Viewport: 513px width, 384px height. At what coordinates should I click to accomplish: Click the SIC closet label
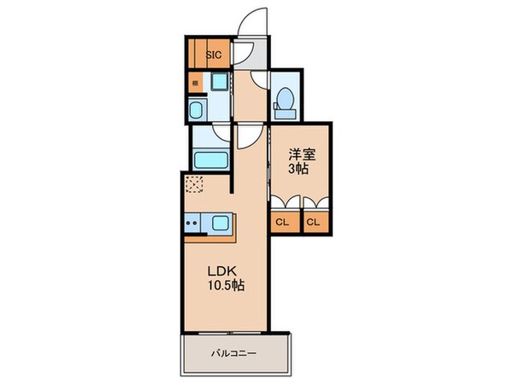214,55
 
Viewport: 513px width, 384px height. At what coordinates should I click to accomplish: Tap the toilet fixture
284,102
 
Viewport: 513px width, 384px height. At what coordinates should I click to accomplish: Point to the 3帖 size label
298,169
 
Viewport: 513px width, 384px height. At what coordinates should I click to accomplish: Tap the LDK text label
220,271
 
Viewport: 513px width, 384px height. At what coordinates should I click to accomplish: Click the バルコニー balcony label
234,352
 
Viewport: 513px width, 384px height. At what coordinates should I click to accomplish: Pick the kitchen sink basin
221,224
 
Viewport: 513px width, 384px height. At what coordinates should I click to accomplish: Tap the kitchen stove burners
192,224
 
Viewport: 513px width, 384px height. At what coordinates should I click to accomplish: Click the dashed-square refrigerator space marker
193,184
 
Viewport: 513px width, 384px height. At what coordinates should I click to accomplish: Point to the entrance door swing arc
254,21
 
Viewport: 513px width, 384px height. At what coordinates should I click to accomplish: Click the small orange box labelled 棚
195,84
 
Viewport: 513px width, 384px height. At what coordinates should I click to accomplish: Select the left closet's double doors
283,202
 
